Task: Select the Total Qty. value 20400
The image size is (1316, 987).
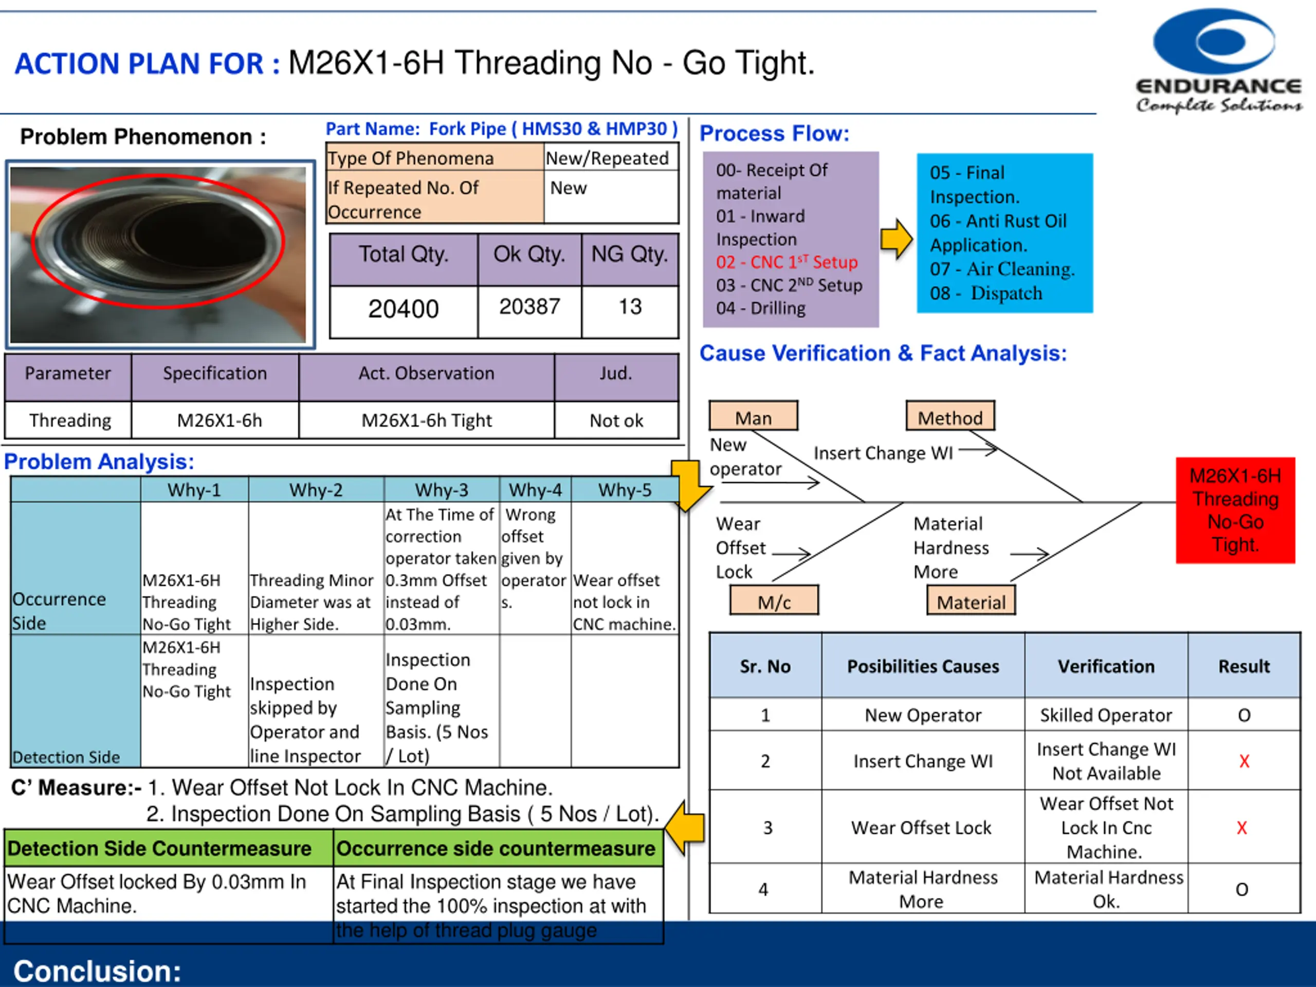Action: [404, 309]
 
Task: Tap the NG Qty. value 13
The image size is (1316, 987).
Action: [630, 307]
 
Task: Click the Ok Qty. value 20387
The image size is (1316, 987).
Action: [529, 307]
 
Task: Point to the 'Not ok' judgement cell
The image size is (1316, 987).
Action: [616, 421]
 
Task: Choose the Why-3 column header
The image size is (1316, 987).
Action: [442, 490]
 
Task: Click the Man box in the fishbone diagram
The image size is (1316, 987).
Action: [753, 417]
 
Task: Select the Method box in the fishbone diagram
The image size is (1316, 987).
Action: [950, 417]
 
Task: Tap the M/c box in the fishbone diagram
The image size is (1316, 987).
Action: [774, 602]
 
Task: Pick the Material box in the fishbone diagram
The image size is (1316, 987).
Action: [971, 602]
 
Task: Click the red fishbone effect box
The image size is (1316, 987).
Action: [1235, 510]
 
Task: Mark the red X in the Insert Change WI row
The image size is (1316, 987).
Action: [1244, 761]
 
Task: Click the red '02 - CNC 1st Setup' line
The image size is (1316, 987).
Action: [787, 262]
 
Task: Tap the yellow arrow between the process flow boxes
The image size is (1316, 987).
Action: [897, 239]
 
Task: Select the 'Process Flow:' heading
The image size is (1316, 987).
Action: [774, 134]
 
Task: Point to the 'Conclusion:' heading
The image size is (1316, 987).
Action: [97, 971]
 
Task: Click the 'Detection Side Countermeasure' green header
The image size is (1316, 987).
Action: [159, 848]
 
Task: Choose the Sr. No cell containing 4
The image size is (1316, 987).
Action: [764, 889]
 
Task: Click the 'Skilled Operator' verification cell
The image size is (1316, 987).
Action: [1106, 715]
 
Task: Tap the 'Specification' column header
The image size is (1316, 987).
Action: [215, 374]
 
